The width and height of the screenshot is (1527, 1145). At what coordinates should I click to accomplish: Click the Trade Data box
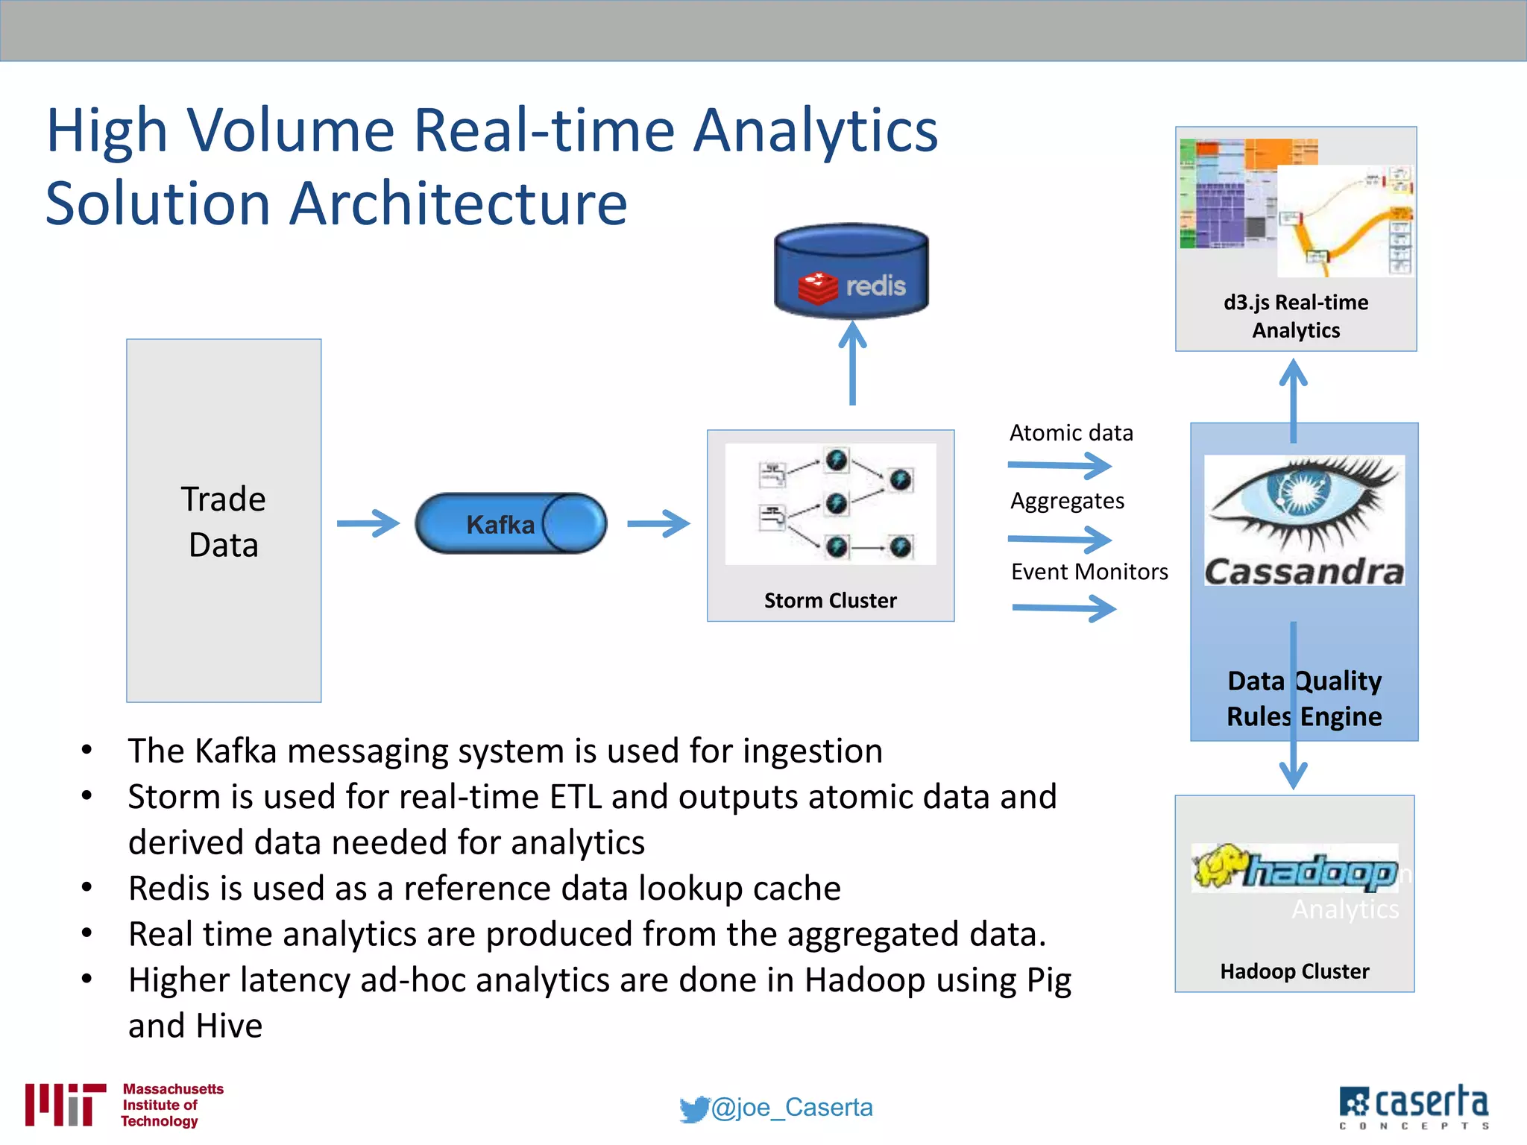click(x=224, y=520)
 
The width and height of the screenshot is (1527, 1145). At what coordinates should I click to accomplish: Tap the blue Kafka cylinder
click(x=510, y=523)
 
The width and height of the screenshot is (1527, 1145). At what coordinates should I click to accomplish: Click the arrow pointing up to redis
click(x=852, y=364)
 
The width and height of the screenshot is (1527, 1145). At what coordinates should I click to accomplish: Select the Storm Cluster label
click(x=830, y=600)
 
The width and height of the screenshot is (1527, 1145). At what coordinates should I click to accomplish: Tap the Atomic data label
click(x=1071, y=433)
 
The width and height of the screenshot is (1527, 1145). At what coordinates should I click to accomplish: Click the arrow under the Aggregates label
click(x=1059, y=539)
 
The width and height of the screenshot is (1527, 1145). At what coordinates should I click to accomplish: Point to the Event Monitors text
click(x=1089, y=572)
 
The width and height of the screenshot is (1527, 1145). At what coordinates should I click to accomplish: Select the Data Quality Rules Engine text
click(x=1304, y=698)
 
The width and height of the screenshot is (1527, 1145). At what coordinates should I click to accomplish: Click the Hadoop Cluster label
click(x=1294, y=971)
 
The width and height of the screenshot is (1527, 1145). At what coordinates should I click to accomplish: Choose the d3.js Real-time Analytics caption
click(x=1296, y=316)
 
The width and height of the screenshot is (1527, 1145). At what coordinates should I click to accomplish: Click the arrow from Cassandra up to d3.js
click(x=1294, y=399)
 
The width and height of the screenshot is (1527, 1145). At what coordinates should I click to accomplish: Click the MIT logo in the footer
click(x=65, y=1104)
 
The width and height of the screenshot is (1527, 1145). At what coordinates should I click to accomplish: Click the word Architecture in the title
click(x=458, y=203)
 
